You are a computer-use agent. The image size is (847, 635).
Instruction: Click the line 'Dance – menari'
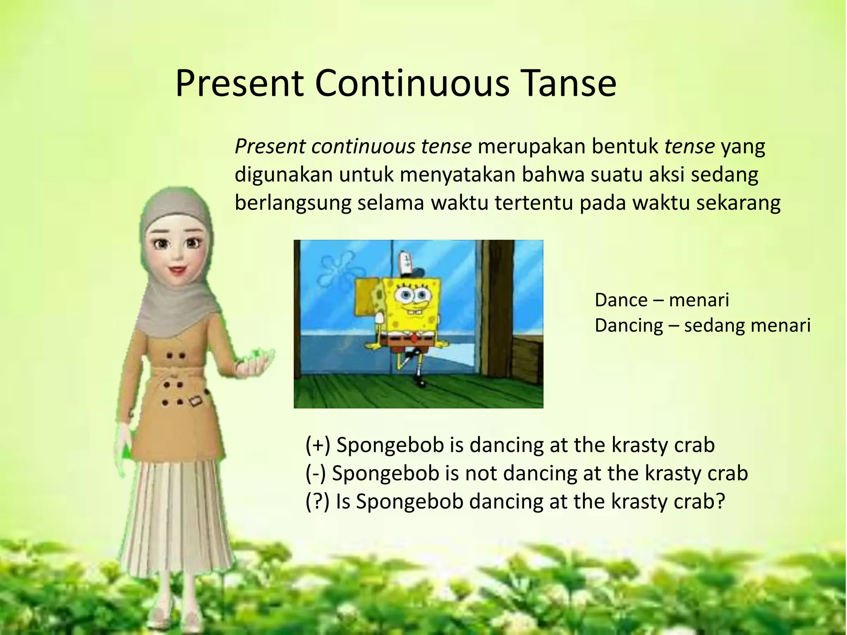(x=662, y=300)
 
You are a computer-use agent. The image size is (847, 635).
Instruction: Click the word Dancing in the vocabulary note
(x=629, y=326)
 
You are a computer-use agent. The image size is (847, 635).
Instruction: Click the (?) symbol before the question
(x=317, y=501)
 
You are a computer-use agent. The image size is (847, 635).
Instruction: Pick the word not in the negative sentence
(x=481, y=473)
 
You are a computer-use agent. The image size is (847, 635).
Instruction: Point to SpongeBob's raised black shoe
(x=409, y=354)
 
